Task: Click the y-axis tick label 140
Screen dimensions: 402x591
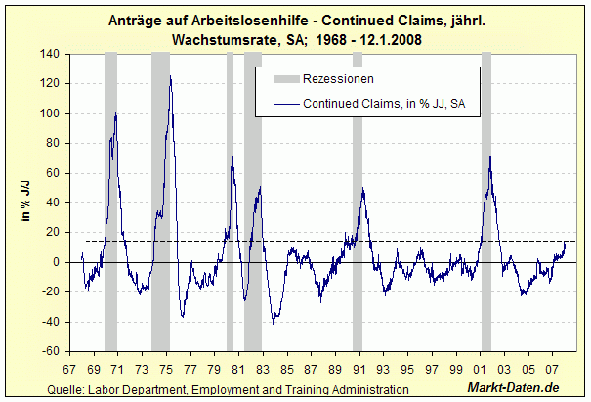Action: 49,54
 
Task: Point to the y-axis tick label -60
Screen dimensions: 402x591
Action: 49,351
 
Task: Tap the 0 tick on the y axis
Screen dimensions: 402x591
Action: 55,262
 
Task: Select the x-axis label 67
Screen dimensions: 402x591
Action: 69,370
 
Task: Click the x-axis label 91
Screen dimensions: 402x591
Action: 359,370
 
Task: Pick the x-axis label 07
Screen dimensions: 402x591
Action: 553,370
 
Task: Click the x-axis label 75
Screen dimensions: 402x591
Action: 166,370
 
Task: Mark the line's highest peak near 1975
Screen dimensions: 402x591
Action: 170,76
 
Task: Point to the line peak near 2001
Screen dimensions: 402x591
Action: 489,156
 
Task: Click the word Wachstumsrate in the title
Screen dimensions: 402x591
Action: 222,39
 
